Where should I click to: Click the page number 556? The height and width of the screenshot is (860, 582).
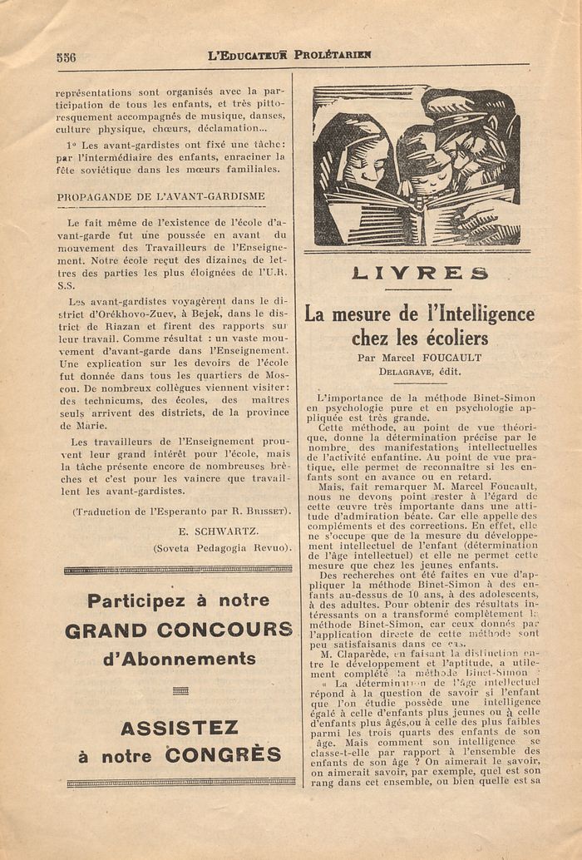click(66, 57)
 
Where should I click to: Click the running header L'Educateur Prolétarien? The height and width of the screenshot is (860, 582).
click(289, 56)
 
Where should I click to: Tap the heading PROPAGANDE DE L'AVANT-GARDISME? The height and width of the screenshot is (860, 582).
click(160, 197)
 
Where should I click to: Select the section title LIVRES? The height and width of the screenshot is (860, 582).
click(419, 274)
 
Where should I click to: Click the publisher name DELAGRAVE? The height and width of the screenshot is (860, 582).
click(405, 372)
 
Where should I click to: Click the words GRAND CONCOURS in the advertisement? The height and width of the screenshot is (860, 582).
click(179, 630)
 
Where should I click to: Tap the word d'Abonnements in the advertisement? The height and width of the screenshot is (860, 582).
click(179, 659)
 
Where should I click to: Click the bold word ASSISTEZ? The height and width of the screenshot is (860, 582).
click(179, 729)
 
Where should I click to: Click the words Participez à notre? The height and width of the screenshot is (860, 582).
click(179, 601)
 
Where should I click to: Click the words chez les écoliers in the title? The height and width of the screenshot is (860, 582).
click(419, 339)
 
